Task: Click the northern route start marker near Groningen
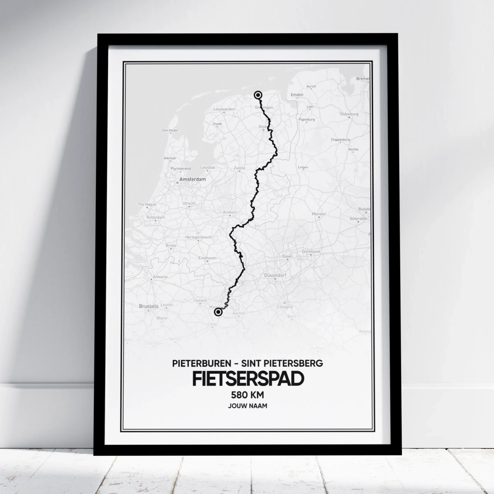coord(258,95)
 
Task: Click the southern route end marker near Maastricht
coord(218,312)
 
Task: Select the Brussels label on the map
coord(149,306)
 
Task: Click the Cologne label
coord(284,307)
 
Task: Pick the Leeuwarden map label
coord(224,109)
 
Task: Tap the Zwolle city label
coord(239,168)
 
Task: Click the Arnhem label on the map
coord(230,212)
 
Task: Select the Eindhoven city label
coord(207,258)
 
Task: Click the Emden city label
coord(297,95)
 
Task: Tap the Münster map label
coord(319,214)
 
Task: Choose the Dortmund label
coord(311,251)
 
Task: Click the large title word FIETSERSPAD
coord(247,379)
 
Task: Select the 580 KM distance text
coord(247,395)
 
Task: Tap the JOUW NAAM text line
coord(247,406)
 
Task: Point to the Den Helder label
coord(171,130)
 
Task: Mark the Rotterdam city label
coord(156,217)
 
